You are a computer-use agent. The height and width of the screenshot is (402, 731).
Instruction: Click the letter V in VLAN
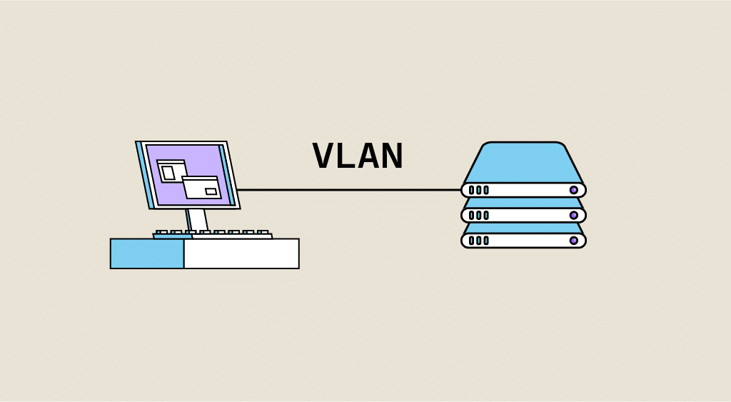click(x=323, y=156)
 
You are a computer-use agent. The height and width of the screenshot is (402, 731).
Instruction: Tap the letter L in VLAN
click(x=346, y=156)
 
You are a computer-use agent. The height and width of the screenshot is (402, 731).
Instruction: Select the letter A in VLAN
click(x=369, y=156)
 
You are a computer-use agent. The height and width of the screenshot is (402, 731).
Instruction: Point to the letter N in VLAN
click(x=392, y=156)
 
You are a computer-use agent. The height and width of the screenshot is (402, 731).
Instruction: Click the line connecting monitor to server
click(x=350, y=190)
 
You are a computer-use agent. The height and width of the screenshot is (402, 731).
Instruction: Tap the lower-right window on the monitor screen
click(x=201, y=187)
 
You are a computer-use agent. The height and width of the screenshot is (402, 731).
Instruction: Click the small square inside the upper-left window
click(x=168, y=173)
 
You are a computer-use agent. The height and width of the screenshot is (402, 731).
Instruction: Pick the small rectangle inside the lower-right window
click(x=211, y=191)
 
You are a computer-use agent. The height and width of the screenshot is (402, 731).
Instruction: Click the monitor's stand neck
click(x=197, y=219)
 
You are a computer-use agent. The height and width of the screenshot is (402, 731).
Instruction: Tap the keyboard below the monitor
click(x=213, y=234)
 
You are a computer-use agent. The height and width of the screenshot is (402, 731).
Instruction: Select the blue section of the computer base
click(x=147, y=253)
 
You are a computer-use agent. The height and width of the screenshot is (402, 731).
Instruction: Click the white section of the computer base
click(x=241, y=253)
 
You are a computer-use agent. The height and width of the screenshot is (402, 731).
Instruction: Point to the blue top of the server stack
click(x=523, y=164)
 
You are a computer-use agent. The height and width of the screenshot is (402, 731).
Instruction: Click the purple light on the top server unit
click(x=573, y=190)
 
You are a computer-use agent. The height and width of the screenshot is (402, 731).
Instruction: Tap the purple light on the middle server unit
click(x=573, y=215)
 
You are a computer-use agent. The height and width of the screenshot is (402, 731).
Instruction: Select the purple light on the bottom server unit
click(x=573, y=241)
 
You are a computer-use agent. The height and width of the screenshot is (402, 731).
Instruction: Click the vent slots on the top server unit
click(x=478, y=190)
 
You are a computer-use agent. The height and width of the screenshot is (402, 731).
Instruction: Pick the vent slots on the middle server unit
click(x=478, y=215)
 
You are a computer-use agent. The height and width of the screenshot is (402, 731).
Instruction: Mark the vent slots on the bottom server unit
click(x=478, y=241)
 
